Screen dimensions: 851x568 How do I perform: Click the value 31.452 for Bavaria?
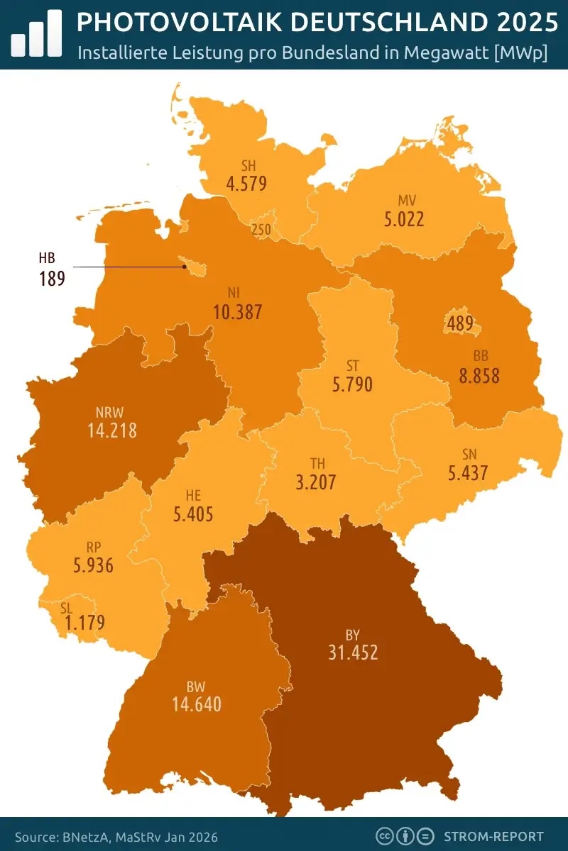353,652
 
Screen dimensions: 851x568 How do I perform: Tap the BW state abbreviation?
196,686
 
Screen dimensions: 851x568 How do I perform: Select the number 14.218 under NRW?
112,430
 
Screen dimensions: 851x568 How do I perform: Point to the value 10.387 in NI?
238,311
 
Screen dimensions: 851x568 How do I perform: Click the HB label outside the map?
47,258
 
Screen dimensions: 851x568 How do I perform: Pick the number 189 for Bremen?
52,278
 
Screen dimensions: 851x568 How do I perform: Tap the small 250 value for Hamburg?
261,229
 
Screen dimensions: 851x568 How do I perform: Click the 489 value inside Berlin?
461,324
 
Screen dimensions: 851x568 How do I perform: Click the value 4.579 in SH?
246,184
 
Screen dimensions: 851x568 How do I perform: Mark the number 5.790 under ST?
352,386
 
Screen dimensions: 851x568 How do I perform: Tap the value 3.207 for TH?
315,484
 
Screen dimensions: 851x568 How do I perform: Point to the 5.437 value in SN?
468,472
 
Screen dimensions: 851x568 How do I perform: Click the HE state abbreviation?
193,494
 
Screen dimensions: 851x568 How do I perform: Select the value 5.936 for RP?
93,566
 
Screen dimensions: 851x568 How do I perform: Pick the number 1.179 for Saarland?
84,623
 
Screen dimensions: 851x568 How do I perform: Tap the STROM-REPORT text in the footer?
493,836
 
